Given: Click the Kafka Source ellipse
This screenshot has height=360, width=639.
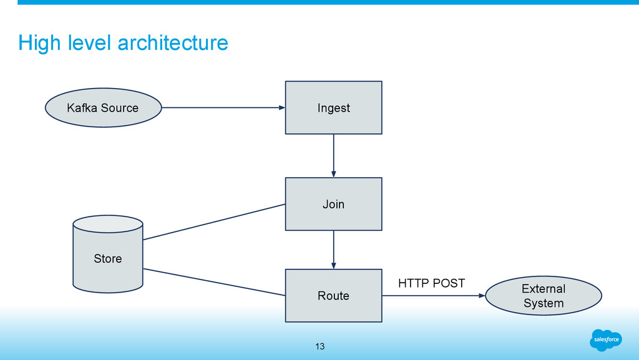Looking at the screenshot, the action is coord(104,107).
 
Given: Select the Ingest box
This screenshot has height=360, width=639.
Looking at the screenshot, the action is coord(334,107).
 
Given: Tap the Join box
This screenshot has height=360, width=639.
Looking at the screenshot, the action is coord(334,204).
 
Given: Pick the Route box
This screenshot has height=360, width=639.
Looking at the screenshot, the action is coord(334,296).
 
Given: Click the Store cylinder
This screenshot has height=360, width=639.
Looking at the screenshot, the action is coord(108,254).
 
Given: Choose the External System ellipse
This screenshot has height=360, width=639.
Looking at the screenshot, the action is coord(544,296).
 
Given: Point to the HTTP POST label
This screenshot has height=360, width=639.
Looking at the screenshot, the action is coord(432,283).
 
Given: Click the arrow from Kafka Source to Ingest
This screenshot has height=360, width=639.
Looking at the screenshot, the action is coord(224,107).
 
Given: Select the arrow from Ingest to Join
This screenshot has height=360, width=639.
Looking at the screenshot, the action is coord(334,156).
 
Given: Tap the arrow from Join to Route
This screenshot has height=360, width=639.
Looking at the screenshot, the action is coord(334,250).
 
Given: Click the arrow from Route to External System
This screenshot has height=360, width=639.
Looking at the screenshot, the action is coord(434,296).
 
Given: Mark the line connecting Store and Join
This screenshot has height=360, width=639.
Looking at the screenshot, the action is coord(214,222).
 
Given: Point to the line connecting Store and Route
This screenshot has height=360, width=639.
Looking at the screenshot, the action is coord(214,282).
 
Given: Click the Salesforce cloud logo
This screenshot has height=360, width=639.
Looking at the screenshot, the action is coord(606,339).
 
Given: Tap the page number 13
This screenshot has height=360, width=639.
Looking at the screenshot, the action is coord(320,346).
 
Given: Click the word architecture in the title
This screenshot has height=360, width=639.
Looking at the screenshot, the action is coord(173,43).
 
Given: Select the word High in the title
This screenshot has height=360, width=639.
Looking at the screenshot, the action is coord(39,44).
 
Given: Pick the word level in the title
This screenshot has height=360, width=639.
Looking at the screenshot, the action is coord(89,43).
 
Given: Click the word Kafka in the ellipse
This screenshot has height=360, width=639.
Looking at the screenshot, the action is coord(82,107).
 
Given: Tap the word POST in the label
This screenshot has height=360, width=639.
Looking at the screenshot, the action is coord(449,283).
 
